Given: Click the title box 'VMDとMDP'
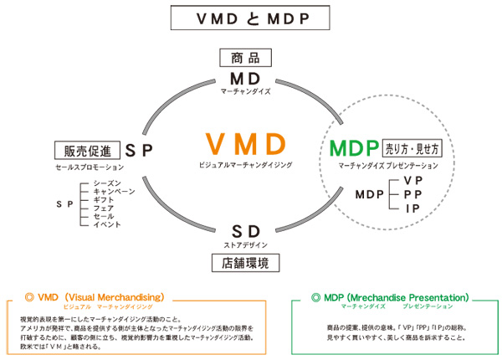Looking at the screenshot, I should click(x=251, y=18).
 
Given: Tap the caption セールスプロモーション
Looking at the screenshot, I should click(x=79, y=168).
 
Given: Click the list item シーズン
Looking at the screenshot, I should click(x=107, y=183).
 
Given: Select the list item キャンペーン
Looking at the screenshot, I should click(x=114, y=191).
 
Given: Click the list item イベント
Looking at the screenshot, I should click(x=107, y=224).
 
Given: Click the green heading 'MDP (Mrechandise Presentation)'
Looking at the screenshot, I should click(x=391, y=297).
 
